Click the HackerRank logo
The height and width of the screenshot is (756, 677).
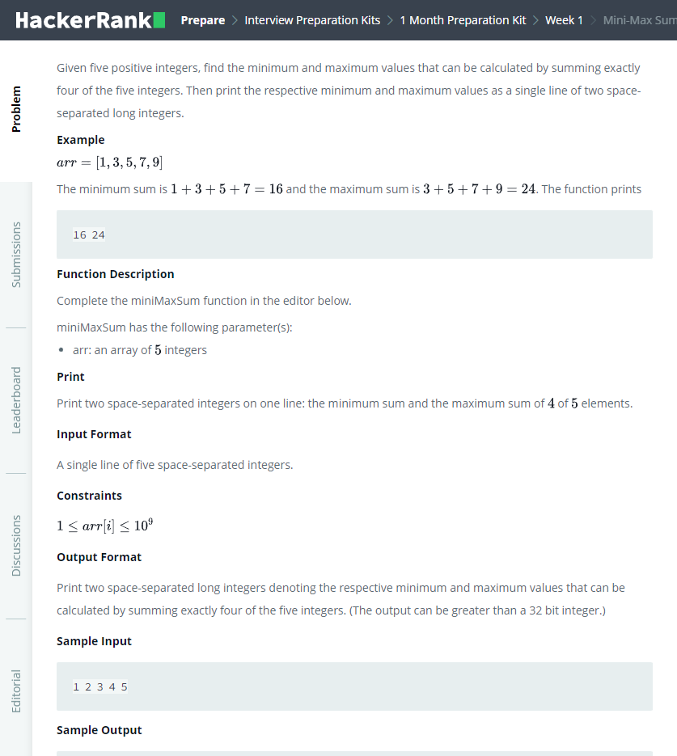90,20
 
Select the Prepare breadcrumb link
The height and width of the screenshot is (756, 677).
202,20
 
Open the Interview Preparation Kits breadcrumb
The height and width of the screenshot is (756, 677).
312,20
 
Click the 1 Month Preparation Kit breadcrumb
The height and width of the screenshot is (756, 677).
463,20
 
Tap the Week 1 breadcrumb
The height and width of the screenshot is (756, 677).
564,20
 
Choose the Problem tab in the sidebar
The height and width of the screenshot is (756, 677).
16,109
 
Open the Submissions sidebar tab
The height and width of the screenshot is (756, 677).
16,255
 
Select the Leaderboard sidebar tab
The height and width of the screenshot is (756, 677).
16,400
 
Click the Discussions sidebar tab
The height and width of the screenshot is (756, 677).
16,546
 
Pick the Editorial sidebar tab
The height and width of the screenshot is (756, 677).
16,691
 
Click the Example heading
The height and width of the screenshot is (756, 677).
80,140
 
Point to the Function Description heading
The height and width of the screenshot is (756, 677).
115,274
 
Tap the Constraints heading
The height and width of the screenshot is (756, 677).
89,496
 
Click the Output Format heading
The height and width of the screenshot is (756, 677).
99,557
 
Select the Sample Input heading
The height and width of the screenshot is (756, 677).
94,641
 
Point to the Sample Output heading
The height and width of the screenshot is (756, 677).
99,730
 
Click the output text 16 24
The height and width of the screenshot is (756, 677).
88,235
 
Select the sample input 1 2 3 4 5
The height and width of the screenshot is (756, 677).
99,687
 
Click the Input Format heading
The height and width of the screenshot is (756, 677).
94,434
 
